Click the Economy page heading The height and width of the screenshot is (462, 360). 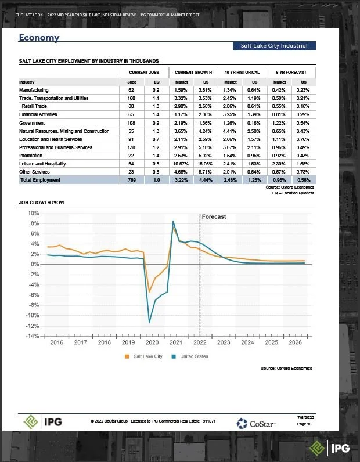click(39, 38)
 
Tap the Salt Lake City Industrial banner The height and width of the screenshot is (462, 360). click(274, 46)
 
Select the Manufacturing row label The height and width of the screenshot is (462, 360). click(34, 90)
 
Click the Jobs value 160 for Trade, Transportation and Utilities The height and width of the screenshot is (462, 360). click(131, 99)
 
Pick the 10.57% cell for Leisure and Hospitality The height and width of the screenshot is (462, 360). click(182, 164)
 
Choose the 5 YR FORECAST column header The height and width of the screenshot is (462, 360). click(291, 72)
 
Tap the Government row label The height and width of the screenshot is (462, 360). click(32, 123)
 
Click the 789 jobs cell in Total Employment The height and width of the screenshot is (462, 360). click(131, 180)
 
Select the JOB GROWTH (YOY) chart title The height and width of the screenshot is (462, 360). click(42, 203)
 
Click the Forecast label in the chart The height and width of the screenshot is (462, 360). click(214, 216)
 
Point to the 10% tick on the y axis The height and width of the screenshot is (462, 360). click(33, 214)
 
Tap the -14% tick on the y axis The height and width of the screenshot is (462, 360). click(32, 336)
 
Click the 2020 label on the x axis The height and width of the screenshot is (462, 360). click(152, 343)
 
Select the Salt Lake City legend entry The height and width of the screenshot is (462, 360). click(144, 356)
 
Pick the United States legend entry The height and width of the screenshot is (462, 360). click(190, 356)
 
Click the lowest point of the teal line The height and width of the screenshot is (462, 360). click(150, 322)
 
